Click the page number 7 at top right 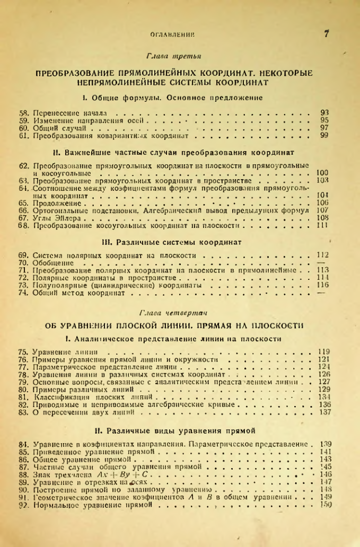coord(327,35)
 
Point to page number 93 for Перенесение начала coord(325,113)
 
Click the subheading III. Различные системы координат coord(174,242)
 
